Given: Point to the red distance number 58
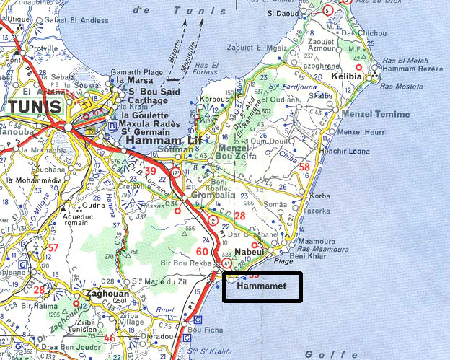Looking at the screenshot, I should click(x=304, y=168).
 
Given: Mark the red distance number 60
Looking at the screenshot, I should click(x=203, y=252).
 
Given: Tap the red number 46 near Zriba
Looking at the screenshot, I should click(x=110, y=338).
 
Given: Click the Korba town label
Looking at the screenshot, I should click(x=319, y=196).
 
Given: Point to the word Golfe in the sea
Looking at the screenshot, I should click(x=321, y=354).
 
